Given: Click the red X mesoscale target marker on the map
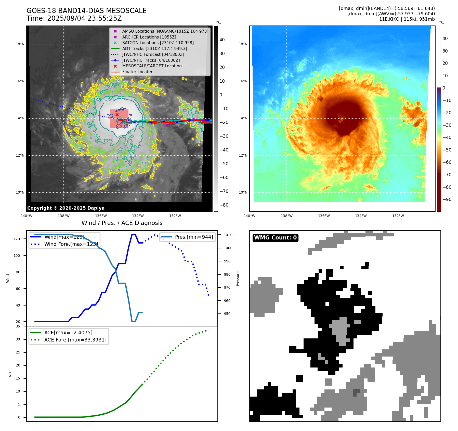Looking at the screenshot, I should (x=117, y=115).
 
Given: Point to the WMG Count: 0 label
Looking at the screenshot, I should (x=275, y=238).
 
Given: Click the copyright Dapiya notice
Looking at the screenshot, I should (x=66, y=208).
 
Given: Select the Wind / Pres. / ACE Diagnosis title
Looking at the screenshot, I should (x=122, y=223).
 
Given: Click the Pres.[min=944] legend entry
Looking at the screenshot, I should (x=194, y=237).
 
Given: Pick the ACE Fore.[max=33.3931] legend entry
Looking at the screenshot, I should (x=75, y=340).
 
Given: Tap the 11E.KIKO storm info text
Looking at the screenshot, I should (x=407, y=19).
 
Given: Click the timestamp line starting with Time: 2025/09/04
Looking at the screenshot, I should (x=74, y=18).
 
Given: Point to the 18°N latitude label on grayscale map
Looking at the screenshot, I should (x=20, y=44).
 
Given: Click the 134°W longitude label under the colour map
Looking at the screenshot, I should (x=361, y=216).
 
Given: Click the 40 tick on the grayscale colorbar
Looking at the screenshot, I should (x=222, y=40).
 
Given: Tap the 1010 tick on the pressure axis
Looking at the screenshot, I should (x=228, y=235).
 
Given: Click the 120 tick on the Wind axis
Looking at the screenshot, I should (x=17, y=239).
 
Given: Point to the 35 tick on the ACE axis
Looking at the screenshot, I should (x=18, y=326).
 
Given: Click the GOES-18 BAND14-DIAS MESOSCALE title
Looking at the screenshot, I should (x=86, y=11).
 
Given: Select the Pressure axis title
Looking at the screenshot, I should (x=238, y=278).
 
